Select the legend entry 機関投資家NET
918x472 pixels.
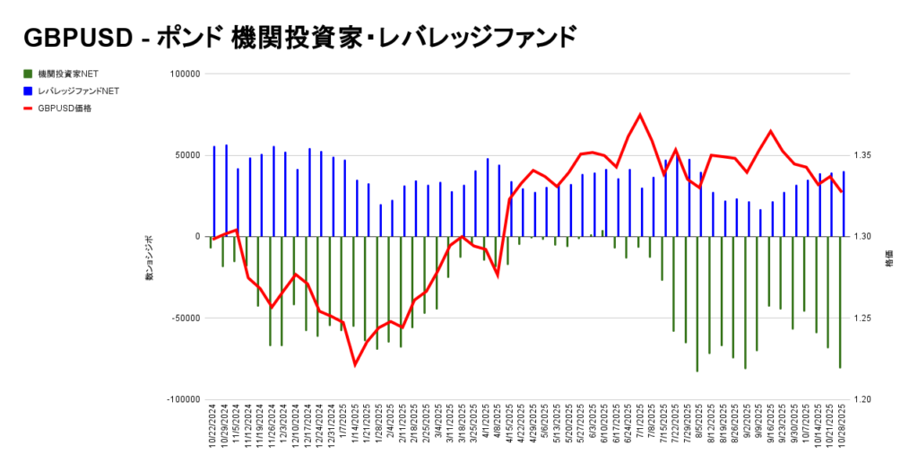point(64,74)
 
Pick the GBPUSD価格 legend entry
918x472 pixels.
point(65,108)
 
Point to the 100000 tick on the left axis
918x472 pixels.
point(183,74)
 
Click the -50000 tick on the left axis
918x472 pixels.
point(183,318)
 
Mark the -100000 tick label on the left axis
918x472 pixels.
point(181,399)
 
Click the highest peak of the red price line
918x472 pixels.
point(640,114)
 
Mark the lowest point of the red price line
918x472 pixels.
point(355,365)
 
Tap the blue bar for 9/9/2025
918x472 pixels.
point(760,223)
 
